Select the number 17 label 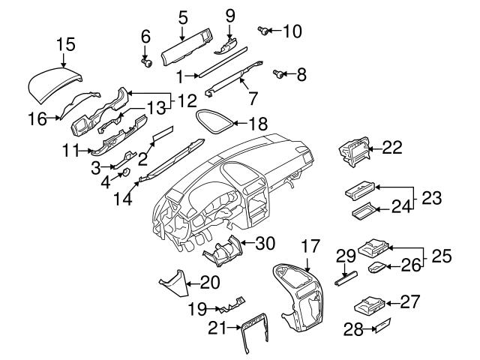[309, 245]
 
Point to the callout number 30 [265, 242]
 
